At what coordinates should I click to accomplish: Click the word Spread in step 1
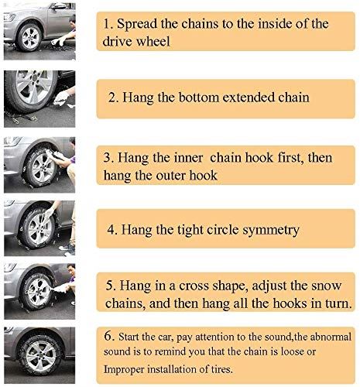pyautogui.click(x=137, y=24)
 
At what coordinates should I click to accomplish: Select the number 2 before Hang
pyautogui.click(x=113, y=98)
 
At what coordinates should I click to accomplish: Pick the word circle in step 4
pyautogui.click(x=222, y=230)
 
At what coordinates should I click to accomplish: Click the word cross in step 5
pyautogui.click(x=194, y=286)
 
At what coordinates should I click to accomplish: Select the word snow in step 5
pyautogui.click(x=327, y=286)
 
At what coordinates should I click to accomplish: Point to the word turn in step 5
pyautogui.click(x=338, y=303)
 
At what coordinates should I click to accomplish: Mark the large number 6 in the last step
pyautogui.click(x=109, y=336)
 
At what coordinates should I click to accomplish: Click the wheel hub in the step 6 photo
pyautogui.click(x=41, y=355)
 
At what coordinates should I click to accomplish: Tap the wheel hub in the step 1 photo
pyautogui.click(x=30, y=38)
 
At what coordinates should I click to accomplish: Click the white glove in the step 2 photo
pyautogui.click(x=61, y=98)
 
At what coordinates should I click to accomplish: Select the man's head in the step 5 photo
pyautogui.click(x=71, y=269)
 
